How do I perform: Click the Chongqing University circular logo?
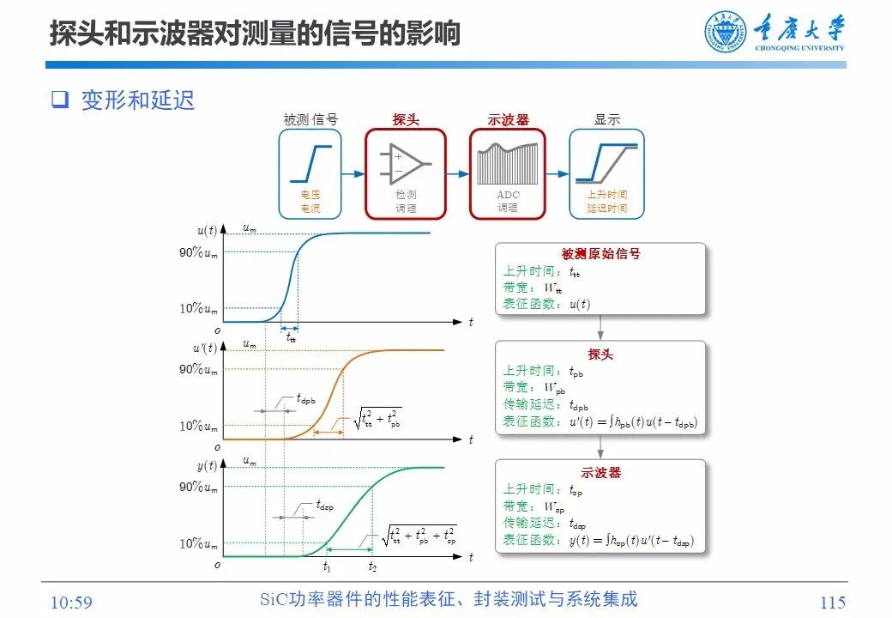pyautogui.click(x=726, y=33)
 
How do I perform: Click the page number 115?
pyautogui.click(x=832, y=603)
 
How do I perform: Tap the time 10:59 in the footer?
pyautogui.click(x=71, y=603)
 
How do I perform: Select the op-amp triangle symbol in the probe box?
pyautogui.click(x=406, y=163)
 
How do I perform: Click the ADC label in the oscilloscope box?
pyautogui.click(x=508, y=195)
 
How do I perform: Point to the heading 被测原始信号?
pyautogui.click(x=600, y=254)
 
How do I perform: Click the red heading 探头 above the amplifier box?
pyautogui.click(x=406, y=120)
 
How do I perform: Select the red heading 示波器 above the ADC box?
pyautogui.click(x=508, y=120)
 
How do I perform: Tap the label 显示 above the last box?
pyautogui.click(x=606, y=120)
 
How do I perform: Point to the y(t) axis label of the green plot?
pyautogui.click(x=207, y=465)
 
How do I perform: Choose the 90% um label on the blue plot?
pyautogui.click(x=198, y=252)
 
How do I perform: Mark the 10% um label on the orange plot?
pyautogui.click(x=198, y=426)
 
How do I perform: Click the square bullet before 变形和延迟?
pyautogui.click(x=59, y=100)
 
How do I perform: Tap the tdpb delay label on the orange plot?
pyautogui.click(x=306, y=398)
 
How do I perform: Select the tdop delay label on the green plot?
pyautogui.click(x=324, y=506)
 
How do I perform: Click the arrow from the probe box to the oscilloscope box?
pyautogui.click(x=458, y=173)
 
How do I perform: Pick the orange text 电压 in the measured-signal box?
pyautogui.click(x=310, y=195)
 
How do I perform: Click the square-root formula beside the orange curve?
pyautogui.click(x=377, y=419)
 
